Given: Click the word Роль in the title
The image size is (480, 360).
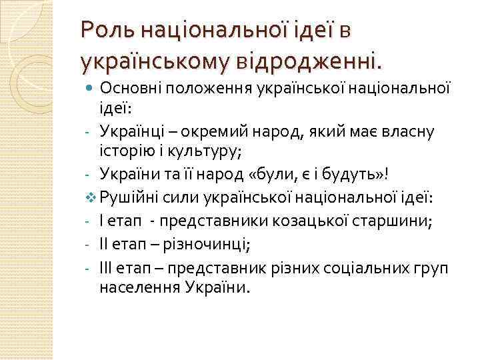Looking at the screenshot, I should click(x=102, y=31).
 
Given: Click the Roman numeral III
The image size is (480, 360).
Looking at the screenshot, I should click(x=107, y=267).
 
